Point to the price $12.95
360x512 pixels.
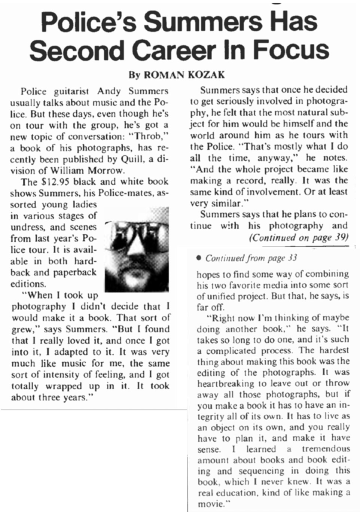(53, 182)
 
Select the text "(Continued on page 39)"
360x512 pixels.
(299, 238)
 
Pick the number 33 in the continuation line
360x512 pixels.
(293, 258)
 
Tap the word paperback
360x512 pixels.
(74, 272)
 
